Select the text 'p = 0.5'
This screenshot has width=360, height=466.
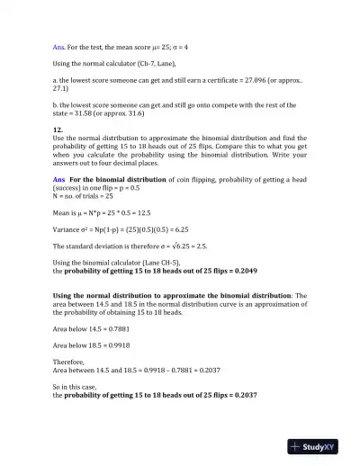pos(129,186)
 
